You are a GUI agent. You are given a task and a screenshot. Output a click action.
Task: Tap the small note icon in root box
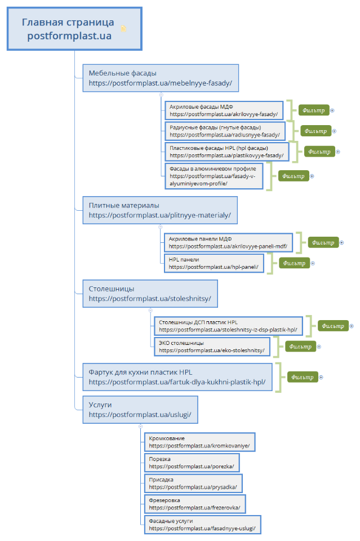[123, 29]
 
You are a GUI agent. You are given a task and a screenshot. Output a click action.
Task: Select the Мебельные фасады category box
[160, 78]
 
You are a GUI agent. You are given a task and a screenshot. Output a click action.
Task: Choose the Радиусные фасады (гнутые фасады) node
[225, 131]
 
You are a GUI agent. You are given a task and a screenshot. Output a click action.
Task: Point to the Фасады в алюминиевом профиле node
[214, 176]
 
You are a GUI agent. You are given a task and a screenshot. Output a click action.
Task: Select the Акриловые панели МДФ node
[228, 242]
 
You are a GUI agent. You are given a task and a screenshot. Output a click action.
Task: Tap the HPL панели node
[214, 263]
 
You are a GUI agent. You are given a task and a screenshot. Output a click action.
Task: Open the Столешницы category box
[150, 293]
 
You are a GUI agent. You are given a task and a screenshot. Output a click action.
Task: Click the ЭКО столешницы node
[212, 346]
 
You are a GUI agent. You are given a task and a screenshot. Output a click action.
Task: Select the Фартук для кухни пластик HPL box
[177, 377]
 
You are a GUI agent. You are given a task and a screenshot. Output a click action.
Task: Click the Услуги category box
[140, 409]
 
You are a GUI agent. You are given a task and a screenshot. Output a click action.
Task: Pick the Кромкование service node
[199, 442]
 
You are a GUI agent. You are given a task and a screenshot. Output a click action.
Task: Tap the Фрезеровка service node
[194, 504]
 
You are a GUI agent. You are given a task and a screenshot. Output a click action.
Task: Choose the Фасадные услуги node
[202, 525]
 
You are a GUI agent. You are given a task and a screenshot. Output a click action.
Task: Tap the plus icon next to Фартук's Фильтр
[321, 377]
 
